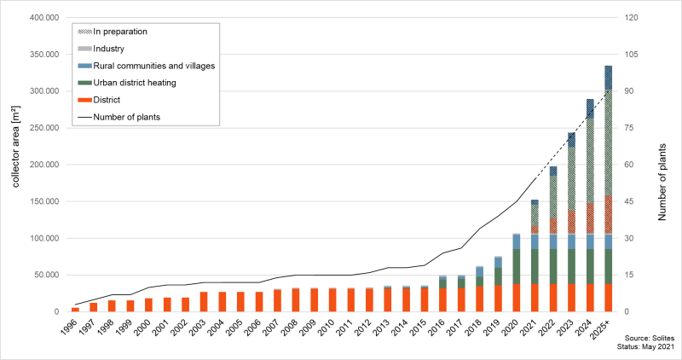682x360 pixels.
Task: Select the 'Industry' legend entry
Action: click(x=110, y=49)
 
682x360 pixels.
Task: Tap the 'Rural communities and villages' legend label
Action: click(x=153, y=66)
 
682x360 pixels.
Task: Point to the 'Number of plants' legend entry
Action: click(x=127, y=116)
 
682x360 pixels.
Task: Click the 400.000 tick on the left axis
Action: click(x=40, y=18)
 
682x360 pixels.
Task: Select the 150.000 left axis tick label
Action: click(x=40, y=201)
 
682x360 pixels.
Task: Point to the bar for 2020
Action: click(x=517, y=273)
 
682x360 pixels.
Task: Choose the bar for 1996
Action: click(x=75, y=310)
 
